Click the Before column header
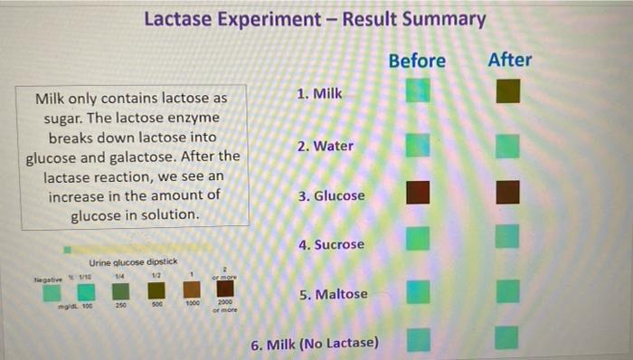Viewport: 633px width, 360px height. click(417, 61)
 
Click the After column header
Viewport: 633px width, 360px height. click(510, 60)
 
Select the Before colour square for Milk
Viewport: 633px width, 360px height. click(418, 90)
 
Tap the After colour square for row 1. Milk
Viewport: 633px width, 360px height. click(508, 91)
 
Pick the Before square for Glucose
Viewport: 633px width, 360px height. click(418, 193)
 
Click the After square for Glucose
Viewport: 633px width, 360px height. click(508, 192)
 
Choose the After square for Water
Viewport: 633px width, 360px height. click(508, 145)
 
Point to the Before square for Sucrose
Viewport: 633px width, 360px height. click(418, 238)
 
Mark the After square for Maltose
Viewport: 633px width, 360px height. click(508, 291)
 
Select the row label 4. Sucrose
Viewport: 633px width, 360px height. click(331, 244)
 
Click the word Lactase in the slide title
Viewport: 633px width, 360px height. click(180, 19)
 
